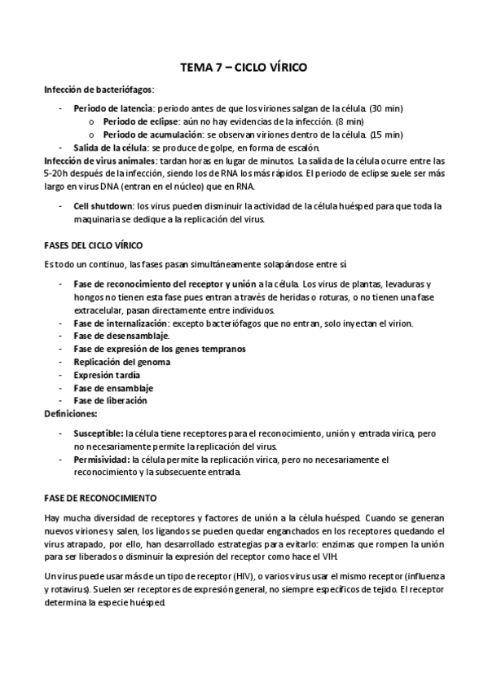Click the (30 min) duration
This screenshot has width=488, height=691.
coord(387,108)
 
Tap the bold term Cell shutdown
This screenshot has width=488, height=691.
coord(103,206)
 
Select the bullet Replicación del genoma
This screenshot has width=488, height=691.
coord(116,362)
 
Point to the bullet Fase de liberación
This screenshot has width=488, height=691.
coord(110,401)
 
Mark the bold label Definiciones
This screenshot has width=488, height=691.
coord(70,414)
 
